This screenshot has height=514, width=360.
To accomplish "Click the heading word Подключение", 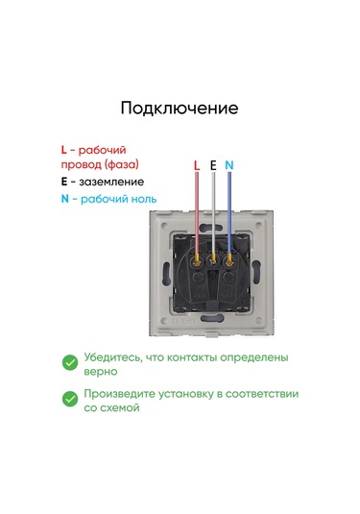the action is [180, 109].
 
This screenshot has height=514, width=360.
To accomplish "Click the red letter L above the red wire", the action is [197, 165].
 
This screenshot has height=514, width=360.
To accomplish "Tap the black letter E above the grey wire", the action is [213, 165].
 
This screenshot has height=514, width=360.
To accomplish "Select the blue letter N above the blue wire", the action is [229, 165].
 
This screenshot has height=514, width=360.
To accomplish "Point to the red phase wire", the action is [197, 213].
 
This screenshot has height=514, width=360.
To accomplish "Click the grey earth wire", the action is [213, 213].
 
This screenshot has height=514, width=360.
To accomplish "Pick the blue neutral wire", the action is [229, 213].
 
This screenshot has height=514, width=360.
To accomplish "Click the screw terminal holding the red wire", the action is [197, 261].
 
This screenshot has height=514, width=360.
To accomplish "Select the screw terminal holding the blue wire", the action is [229, 261].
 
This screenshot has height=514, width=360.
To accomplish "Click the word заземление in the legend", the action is [111, 182].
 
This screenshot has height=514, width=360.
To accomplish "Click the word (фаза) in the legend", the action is [122, 164].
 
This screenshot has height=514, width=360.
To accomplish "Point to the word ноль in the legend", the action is [144, 199].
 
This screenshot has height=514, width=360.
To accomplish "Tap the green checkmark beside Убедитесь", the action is [70, 363].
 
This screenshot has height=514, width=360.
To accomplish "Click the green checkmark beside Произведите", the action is [70, 399].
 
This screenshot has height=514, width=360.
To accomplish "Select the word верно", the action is [101, 372].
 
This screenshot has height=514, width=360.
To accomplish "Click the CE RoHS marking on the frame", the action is [183, 321].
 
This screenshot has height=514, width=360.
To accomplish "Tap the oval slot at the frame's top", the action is [212, 226].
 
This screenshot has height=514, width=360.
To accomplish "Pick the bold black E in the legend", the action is [64, 182].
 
